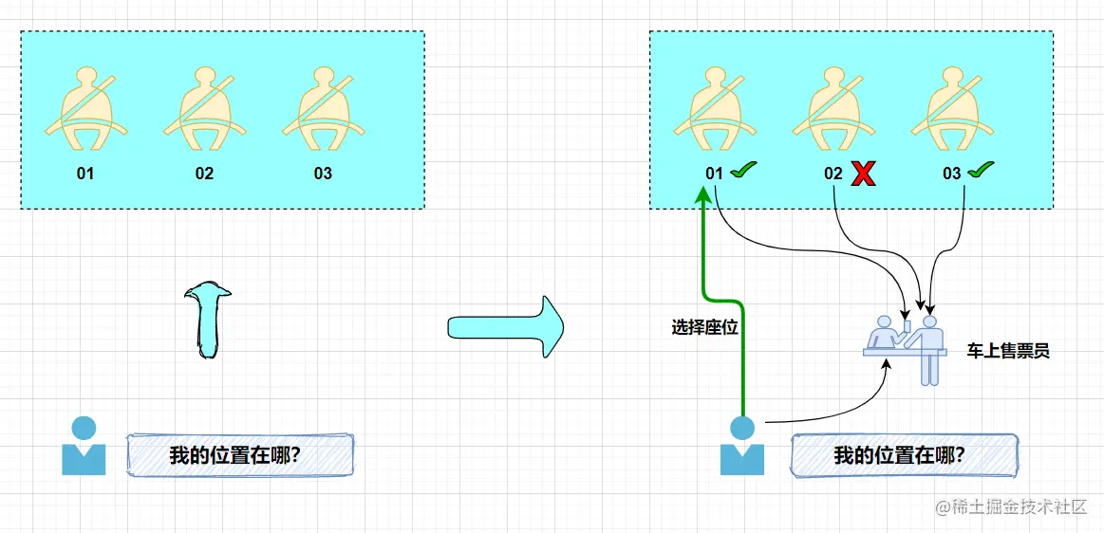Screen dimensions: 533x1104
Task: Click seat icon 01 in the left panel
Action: point(86,109)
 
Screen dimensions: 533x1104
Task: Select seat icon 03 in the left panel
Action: point(324,109)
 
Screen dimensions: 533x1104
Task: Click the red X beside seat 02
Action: point(863,174)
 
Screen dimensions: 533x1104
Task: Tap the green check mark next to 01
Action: point(742,171)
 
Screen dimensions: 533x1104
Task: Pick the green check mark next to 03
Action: point(981,171)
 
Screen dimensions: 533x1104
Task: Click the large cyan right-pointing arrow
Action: point(505,327)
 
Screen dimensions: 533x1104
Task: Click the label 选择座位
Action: point(704,327)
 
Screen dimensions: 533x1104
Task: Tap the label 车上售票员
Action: point(1008,351)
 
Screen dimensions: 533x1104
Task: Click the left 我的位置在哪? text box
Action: point(240,455)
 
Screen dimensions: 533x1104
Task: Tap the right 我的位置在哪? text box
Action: point(904,455)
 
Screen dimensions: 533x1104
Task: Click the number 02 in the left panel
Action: point(204,174)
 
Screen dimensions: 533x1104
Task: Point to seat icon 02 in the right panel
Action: point(834,109)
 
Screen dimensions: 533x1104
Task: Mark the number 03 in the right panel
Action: point(951,174)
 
